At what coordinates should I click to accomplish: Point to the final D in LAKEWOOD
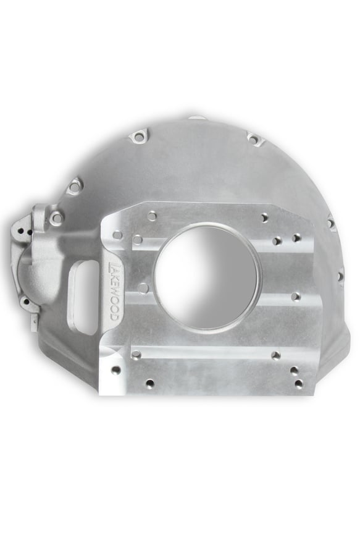[x=114, y=317]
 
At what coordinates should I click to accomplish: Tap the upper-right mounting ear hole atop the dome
[x=254, y=138]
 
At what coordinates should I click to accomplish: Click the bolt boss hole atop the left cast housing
[x=57, y=217]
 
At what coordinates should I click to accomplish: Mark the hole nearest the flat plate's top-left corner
[x=152, y=216]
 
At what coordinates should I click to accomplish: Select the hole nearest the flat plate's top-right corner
[x=264, y=217]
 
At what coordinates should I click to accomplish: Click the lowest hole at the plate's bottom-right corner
[x=299, y=384]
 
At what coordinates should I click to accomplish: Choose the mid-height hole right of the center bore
[x=296, y=297]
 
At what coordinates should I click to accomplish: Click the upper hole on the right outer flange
[x=331, y=223]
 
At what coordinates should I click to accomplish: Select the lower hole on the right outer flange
[x=340, y=274]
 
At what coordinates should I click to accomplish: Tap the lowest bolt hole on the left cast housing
[x=25, y=302]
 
